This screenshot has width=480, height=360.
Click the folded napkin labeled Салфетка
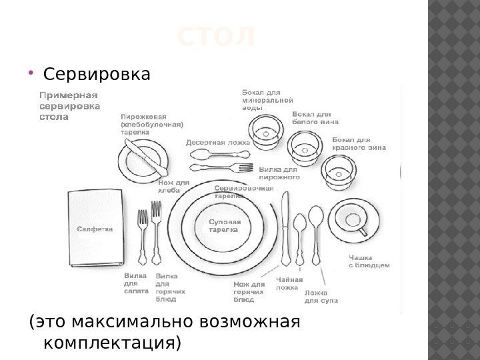pyautogui.click(x=95, y=229)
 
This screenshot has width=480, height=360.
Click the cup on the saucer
pyautogui.click(x=351, y=219)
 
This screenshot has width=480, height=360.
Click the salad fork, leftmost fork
pyautogui.click(x=142, y=237)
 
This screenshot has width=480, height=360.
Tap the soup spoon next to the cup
pyautogui.click(x=315, y=233)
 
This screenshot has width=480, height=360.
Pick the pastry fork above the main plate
pyautogui.click(x=221, y=168)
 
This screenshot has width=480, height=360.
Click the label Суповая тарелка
pyautogui.click(x=224, y=225)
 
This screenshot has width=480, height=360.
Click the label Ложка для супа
pyautogui.click(x=321, y=297)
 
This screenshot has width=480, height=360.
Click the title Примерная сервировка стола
pyautogui.click(x=70, y=105)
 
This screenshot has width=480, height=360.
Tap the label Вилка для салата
pyautogui.click(x=135, y=283)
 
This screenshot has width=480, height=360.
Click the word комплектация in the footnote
pyautogui.click(x=111, y=343)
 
